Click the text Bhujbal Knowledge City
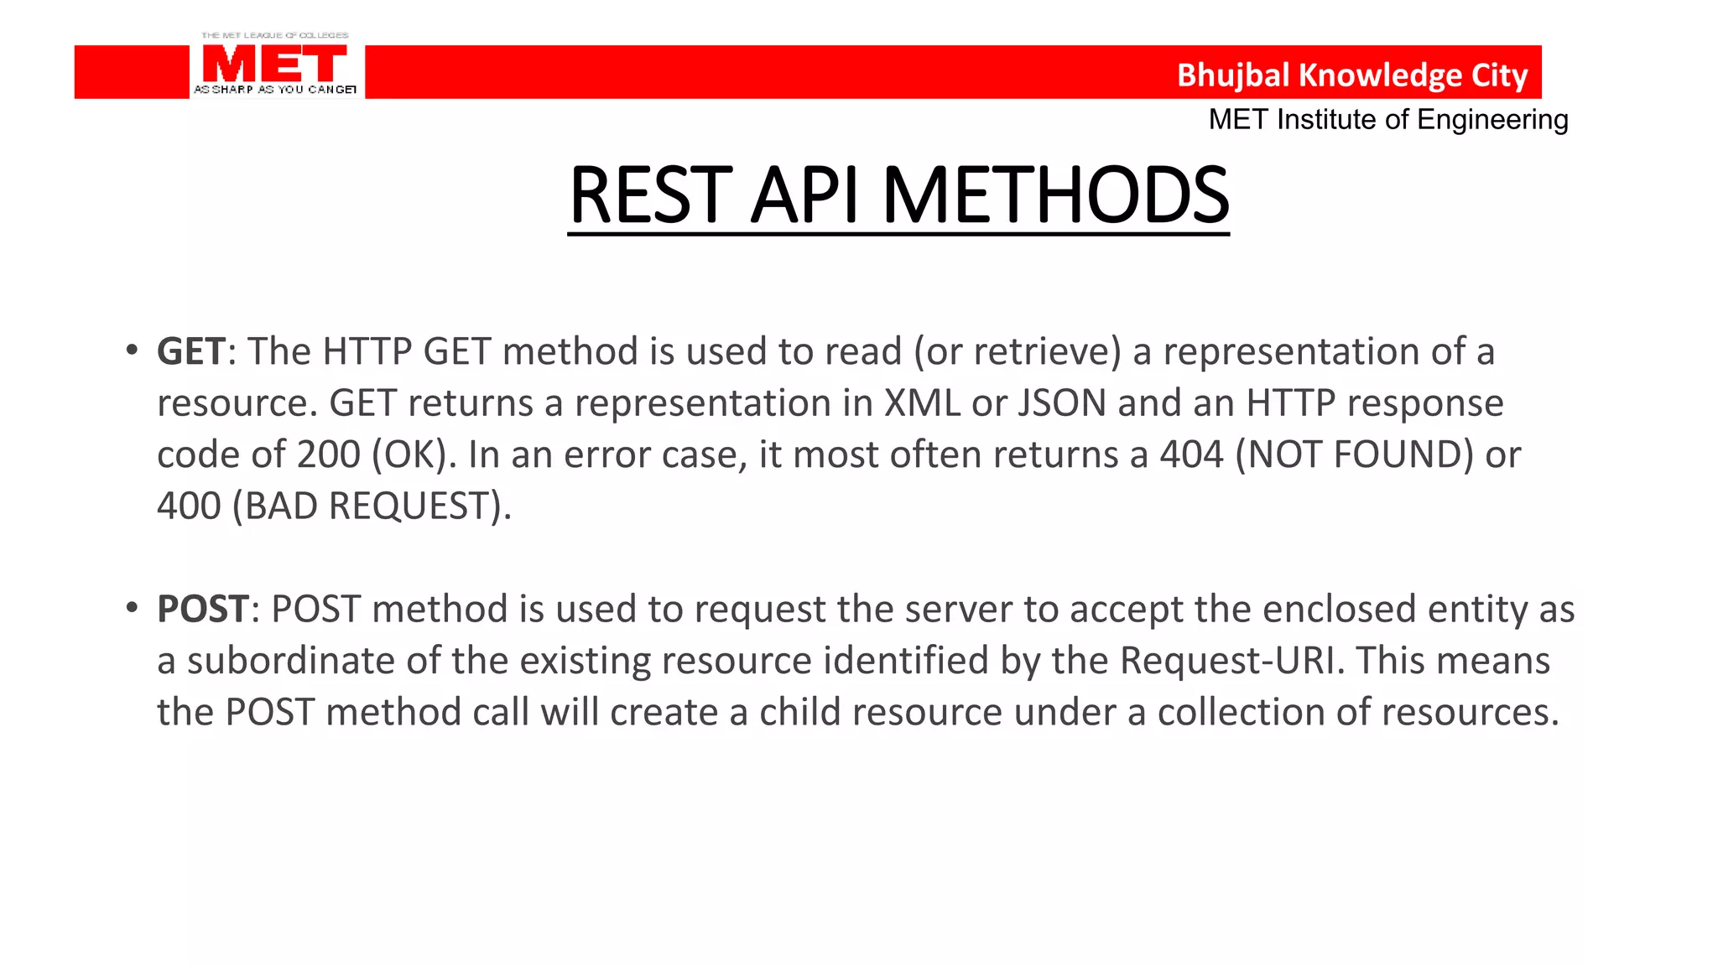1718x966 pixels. pyautogui.click(x=1351, y=75)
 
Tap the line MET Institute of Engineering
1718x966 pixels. pyautogui.click(x=1387, y=120)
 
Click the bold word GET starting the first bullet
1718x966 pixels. pyautogui.click(x=190, y=351)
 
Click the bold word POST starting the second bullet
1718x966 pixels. pyautogui.click(x=202, y=609)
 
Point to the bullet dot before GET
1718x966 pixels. pyautogui.click(x=132, y=351)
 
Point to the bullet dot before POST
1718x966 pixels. pyautogui.click(x=132, y=608)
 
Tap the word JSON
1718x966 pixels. pyautogui.click(x=1062, y=403)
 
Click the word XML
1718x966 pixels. pyautogui.click(x=922, y=403)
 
